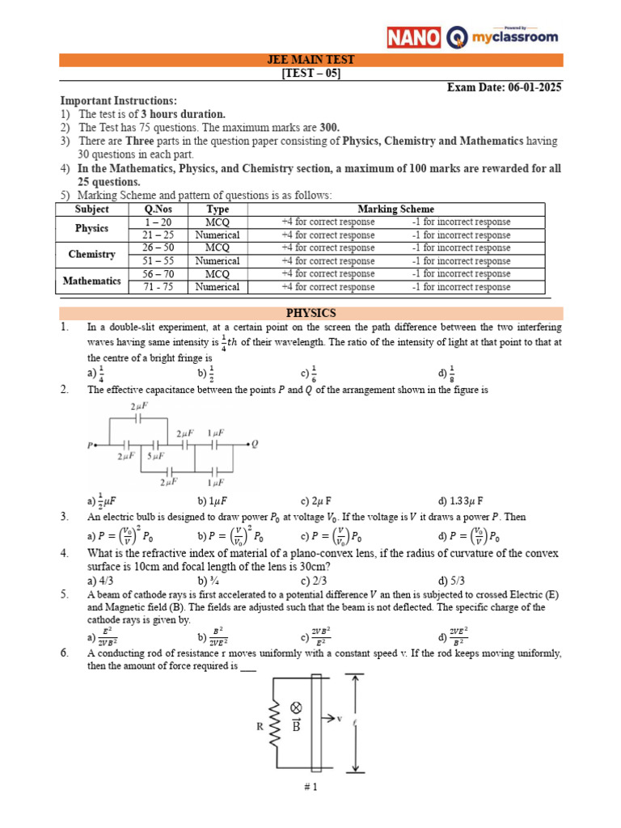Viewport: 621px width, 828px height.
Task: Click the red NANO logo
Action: click(414, 37)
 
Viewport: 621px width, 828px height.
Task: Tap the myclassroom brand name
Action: click(513, 38)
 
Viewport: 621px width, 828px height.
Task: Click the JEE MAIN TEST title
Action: click(311, 60)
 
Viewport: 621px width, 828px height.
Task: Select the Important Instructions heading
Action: click(118, 100)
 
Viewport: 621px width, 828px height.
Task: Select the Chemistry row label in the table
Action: click(91, 254)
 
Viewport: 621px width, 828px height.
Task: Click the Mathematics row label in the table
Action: click(91, 281)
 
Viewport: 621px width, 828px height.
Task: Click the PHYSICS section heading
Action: click(311, 313)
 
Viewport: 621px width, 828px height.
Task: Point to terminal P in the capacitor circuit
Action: click(88, 445)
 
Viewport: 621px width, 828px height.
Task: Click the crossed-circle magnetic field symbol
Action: click(296, 706)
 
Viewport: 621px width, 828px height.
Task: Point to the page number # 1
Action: click(310, 789)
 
